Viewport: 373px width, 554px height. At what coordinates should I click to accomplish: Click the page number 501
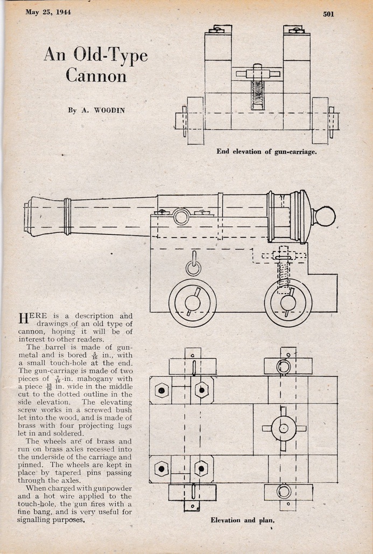click(x=328, y=14)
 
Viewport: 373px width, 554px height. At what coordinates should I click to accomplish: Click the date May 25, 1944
click(x=48, y=12)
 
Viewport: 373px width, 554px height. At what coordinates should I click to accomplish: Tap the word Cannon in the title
click(x=96, y=75)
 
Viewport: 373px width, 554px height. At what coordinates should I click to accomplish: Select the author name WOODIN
click(x=109, y=110)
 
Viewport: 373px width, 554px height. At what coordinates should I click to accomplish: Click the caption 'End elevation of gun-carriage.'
click(x=266, y=151)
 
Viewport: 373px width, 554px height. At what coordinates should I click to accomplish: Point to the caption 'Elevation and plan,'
click(x=242, y=520)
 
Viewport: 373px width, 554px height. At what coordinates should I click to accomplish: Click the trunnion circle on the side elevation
click(x=182, y=217)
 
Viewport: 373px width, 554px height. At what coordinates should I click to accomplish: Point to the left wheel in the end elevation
click(x=195, y=121)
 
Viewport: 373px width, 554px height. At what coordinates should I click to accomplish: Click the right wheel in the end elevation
click(x=320, y=121)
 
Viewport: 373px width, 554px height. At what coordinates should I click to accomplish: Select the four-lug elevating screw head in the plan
click(x=284, y=428)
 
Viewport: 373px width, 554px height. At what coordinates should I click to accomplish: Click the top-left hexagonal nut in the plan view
click(x=161, y=390)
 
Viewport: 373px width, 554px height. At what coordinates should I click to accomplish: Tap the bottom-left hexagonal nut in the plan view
click(x=161, y=469)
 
